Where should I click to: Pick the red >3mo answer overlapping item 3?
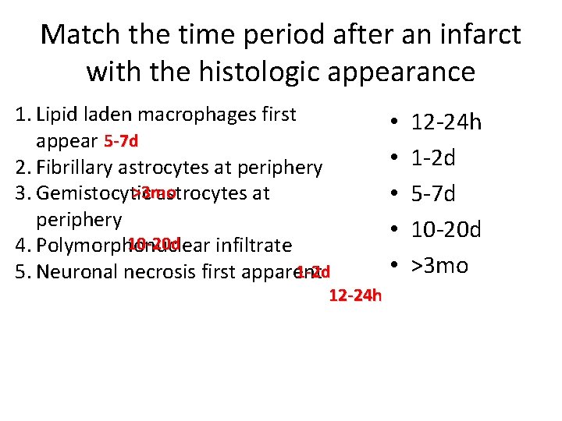154,193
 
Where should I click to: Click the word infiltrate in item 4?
254,246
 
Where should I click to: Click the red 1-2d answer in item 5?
313,272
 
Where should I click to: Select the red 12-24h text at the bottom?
355,295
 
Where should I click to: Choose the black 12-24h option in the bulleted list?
446,123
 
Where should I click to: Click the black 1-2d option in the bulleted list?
433,159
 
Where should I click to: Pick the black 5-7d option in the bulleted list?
433,194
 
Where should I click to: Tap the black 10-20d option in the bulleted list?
446,230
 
